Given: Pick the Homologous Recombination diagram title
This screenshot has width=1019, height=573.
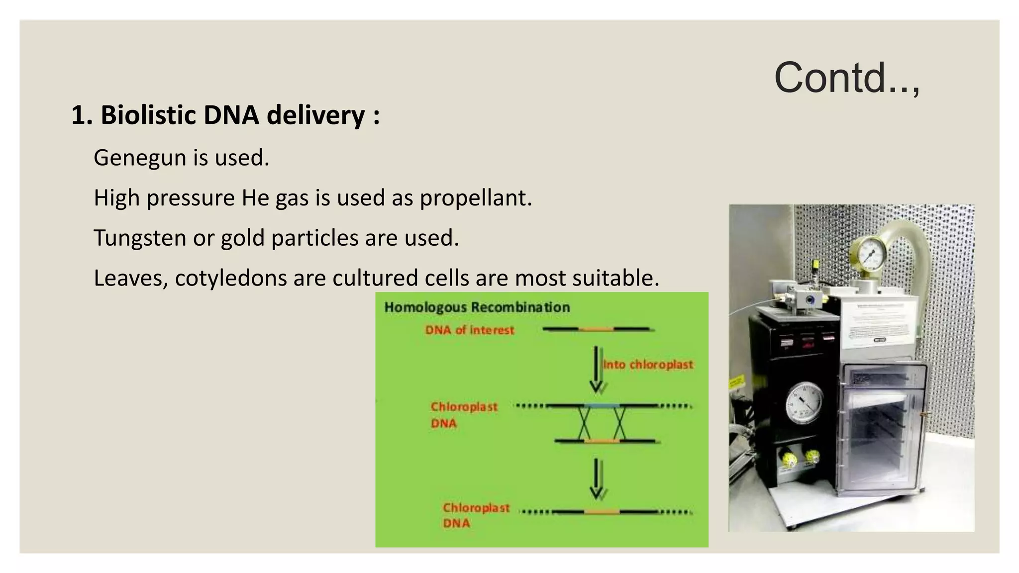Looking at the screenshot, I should pos(477,307).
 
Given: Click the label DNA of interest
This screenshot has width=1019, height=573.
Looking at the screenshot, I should pos(469,330).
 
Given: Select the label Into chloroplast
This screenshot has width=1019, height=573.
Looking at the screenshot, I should pos(647,365).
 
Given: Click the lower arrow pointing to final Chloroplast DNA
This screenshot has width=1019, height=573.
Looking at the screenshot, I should pos(597,478).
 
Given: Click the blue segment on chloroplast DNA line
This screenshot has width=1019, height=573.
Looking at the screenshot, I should pos(602,406).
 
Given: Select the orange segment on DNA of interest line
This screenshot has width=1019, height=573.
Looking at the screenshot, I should pos(596,329).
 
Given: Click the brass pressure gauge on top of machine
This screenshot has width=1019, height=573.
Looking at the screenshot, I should pos(869,255).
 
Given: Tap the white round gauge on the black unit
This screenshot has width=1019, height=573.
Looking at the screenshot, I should pos(804,403).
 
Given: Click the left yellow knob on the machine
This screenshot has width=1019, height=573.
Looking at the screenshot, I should pos(788,459).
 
